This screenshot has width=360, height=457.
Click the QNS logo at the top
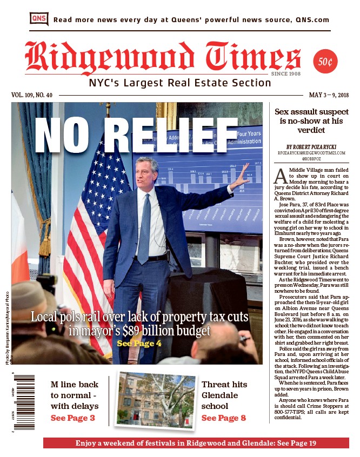click(39, 19)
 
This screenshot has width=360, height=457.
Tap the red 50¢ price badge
click(325, 62)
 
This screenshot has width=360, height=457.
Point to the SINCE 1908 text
click(286, 74)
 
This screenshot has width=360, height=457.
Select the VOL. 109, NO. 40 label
click(32, 95)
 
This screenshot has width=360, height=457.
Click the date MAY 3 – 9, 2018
click(329, 95)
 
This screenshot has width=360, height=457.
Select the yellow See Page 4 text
click(138, 343)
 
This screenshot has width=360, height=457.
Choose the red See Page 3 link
click(72, 418)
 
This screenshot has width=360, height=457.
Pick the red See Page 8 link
click(223, 418)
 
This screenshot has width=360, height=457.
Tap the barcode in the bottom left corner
click(23, 402)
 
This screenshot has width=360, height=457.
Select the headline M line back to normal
click(75, 395)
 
